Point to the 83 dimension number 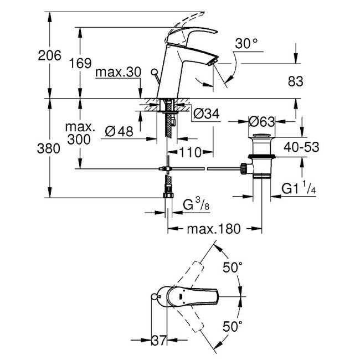[296, 81]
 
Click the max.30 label [118, 73]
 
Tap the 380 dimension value [48, 148]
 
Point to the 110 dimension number [190, 152]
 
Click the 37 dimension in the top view [159, 340]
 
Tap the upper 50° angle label [233, 268]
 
